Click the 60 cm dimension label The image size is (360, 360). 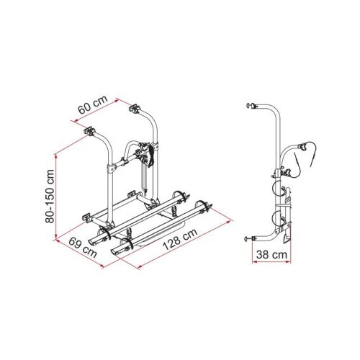[93, 105]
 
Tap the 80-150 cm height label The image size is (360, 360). [50, 196]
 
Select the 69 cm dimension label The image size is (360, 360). [83, 247]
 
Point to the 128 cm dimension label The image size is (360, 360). [180, 239]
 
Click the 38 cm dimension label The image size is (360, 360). [271, 255]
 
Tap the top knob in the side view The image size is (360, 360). [250, 106]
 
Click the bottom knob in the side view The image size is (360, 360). [248, 239]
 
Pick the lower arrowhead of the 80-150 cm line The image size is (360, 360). [56, 236]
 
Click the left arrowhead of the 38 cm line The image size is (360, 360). [255, 262]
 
